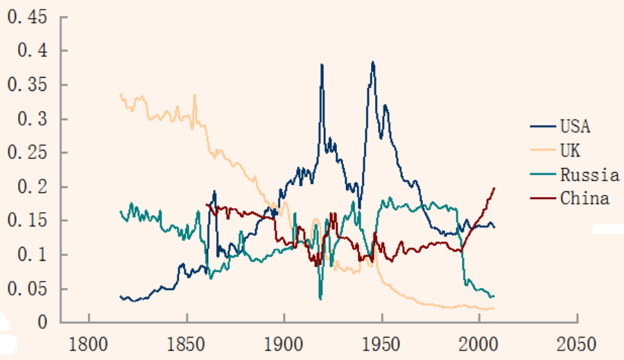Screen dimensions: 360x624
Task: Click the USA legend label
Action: tap(575, 126)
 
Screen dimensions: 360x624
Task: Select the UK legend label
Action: tap(571, 150)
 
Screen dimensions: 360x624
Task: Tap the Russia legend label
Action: tap(589, 174)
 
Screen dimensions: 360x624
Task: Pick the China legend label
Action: tap(584, 198)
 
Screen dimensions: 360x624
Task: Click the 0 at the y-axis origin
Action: tap(43, 323)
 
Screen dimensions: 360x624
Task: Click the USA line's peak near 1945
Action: tap(373, 62)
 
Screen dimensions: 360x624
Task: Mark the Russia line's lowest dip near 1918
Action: tap(320, 298)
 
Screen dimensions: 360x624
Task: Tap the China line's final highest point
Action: tap(494, 187)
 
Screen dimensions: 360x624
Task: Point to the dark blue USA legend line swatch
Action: tap(543, 126)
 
